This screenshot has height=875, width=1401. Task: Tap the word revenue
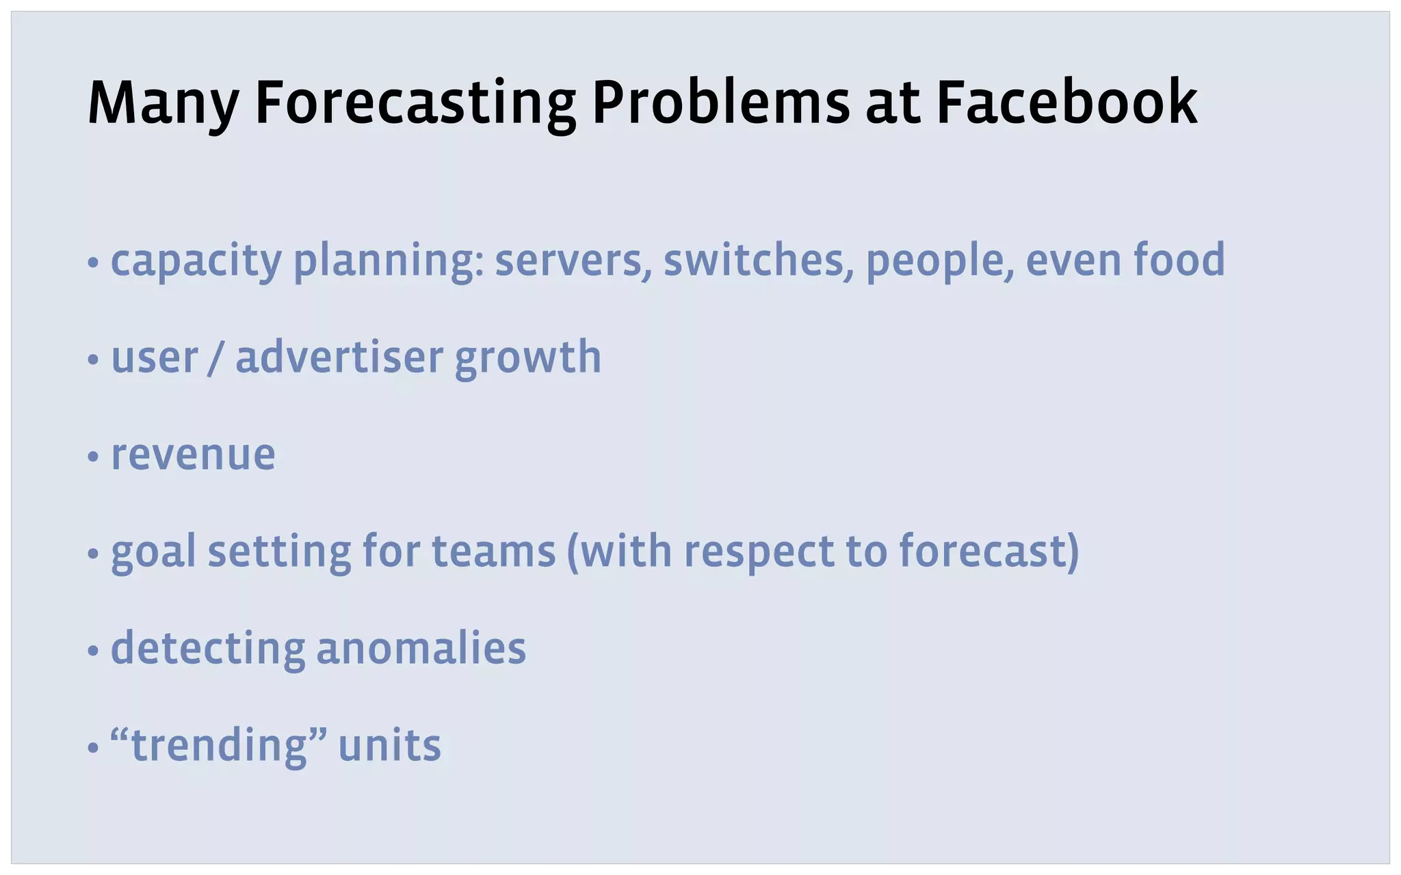(x=193, y=455)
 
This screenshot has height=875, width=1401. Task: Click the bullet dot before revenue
(x=94, y=457)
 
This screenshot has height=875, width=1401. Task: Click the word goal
(x=153, y=552)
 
